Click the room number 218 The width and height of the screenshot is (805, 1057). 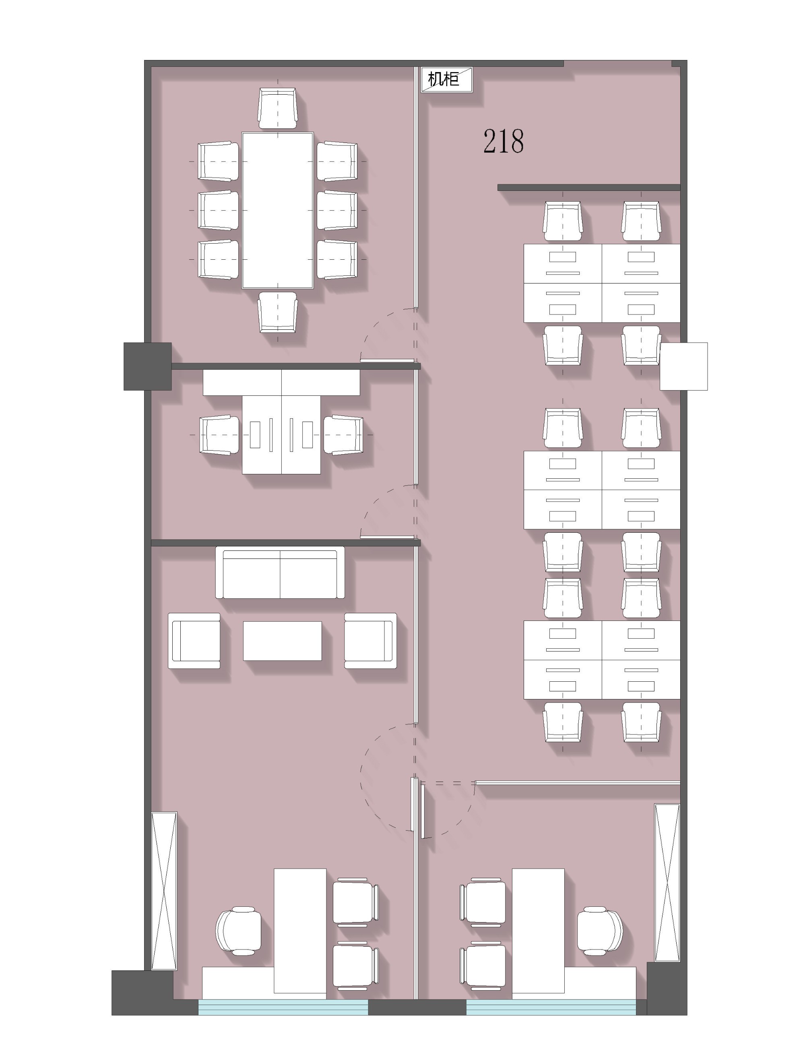[x=503, y=141]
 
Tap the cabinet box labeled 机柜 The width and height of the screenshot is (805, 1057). [x=447, y=80]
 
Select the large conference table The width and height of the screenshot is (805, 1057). [x=277, y=211]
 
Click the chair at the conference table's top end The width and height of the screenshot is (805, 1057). [x=277, y=108]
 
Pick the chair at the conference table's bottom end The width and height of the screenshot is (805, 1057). [x=277, y=312]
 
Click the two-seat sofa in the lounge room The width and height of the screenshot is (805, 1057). [x=280, y=573]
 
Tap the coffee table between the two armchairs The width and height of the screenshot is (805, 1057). [x=282, y=641]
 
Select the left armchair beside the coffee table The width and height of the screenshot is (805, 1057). [x=194, y=640]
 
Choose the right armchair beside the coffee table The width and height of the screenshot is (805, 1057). [x=370, y=640]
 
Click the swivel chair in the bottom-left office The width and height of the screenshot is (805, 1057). [x=239, y=931]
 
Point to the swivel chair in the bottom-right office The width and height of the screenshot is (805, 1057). [x=599, y=931]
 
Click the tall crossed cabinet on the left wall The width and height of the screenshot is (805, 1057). [x=164, y=891]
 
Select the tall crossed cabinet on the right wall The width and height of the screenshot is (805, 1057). [x=667, y=883]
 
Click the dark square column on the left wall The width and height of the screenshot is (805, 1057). [x=148, y=366]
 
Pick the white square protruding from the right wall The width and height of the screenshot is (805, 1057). [x=684, y=366]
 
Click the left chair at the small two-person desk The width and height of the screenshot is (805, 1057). [x=219, y=435]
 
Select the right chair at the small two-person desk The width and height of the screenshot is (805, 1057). [x=343, y=435]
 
